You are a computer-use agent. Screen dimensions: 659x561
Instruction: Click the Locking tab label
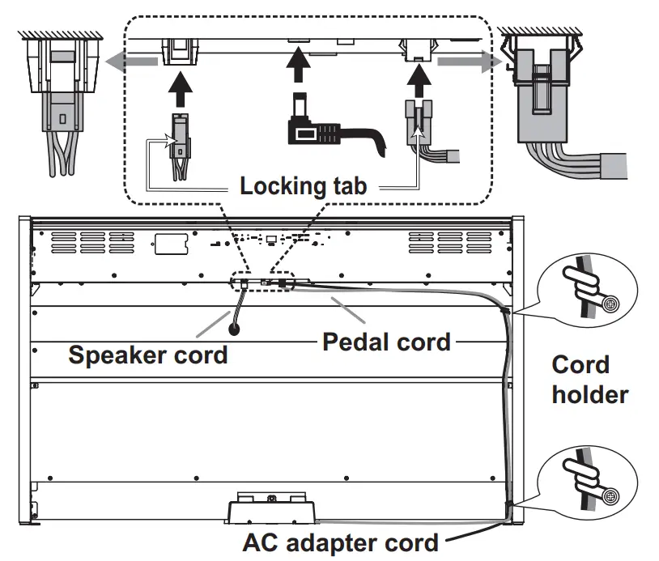point(303,185)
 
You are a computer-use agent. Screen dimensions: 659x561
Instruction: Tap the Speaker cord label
point(148,355)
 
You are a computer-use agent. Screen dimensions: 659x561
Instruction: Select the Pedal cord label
point(387,342)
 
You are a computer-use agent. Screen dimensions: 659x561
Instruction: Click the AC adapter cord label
point(340,543)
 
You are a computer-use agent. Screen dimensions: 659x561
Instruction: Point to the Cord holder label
point(590,380)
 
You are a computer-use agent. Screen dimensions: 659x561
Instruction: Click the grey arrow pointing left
point(131,62)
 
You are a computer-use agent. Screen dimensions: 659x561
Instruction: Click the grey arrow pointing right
point(470,62)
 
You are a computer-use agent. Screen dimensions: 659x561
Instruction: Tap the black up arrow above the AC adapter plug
point(298,64)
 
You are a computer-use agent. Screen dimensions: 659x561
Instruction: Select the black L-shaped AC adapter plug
point(336,126)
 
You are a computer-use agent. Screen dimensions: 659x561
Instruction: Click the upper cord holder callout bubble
point(588,291)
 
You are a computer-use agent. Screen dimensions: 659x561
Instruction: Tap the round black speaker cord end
point(234,329)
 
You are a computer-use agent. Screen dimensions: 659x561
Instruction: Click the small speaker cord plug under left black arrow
point(180,147)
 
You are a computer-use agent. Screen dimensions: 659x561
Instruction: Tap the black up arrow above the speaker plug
point(181,89)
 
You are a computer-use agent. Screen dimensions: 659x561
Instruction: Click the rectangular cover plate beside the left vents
point(171,244)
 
